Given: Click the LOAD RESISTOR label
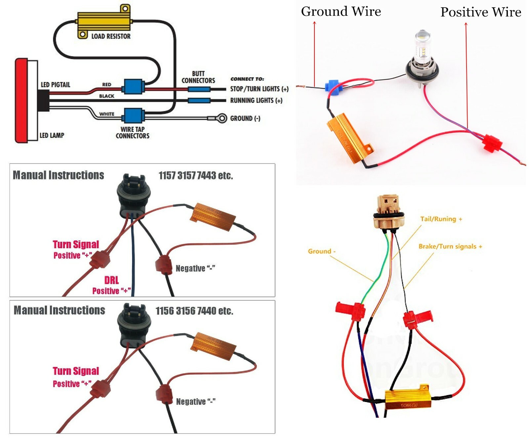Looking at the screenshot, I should (111, 36).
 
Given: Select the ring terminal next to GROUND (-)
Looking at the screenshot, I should (222, 118).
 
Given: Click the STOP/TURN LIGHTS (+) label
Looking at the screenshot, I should (259, 89).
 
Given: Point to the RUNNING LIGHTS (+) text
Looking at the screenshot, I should (256, 100).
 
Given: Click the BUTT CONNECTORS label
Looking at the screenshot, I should (198, 77).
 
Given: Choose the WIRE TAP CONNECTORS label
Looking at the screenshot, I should (133, 132).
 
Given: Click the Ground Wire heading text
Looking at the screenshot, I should (341, 12).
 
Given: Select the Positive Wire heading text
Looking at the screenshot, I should (481, 12).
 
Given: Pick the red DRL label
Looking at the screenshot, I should (111, 280).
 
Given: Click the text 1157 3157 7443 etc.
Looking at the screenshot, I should (196, 175).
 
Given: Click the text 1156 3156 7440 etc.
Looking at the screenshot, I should (194, 311).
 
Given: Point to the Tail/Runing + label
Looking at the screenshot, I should (441, 219).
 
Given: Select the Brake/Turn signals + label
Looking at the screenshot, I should (450, 246).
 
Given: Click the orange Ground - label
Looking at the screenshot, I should (321, 251).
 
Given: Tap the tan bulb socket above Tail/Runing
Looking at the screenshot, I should (389, 211).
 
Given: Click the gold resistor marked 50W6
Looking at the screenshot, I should (408, 399).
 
